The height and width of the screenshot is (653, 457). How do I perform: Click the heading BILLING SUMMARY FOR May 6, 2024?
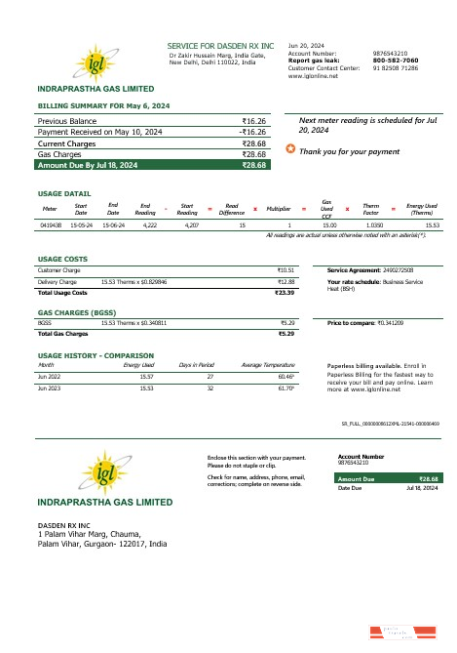[104, 103]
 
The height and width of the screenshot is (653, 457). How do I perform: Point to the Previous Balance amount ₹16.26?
[254, 120]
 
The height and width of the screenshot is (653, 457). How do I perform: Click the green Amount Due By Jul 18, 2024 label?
[87, 166]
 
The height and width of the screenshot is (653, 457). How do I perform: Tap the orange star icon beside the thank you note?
[290, 150]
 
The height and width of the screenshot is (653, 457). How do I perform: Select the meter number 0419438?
[51, 224]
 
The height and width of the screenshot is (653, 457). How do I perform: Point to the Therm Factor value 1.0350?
[371, 224]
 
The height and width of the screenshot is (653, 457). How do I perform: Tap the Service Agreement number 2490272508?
[395, 269]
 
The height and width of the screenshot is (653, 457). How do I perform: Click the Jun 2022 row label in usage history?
[49, 376]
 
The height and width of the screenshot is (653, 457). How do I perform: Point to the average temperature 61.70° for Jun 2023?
[286, 388]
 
